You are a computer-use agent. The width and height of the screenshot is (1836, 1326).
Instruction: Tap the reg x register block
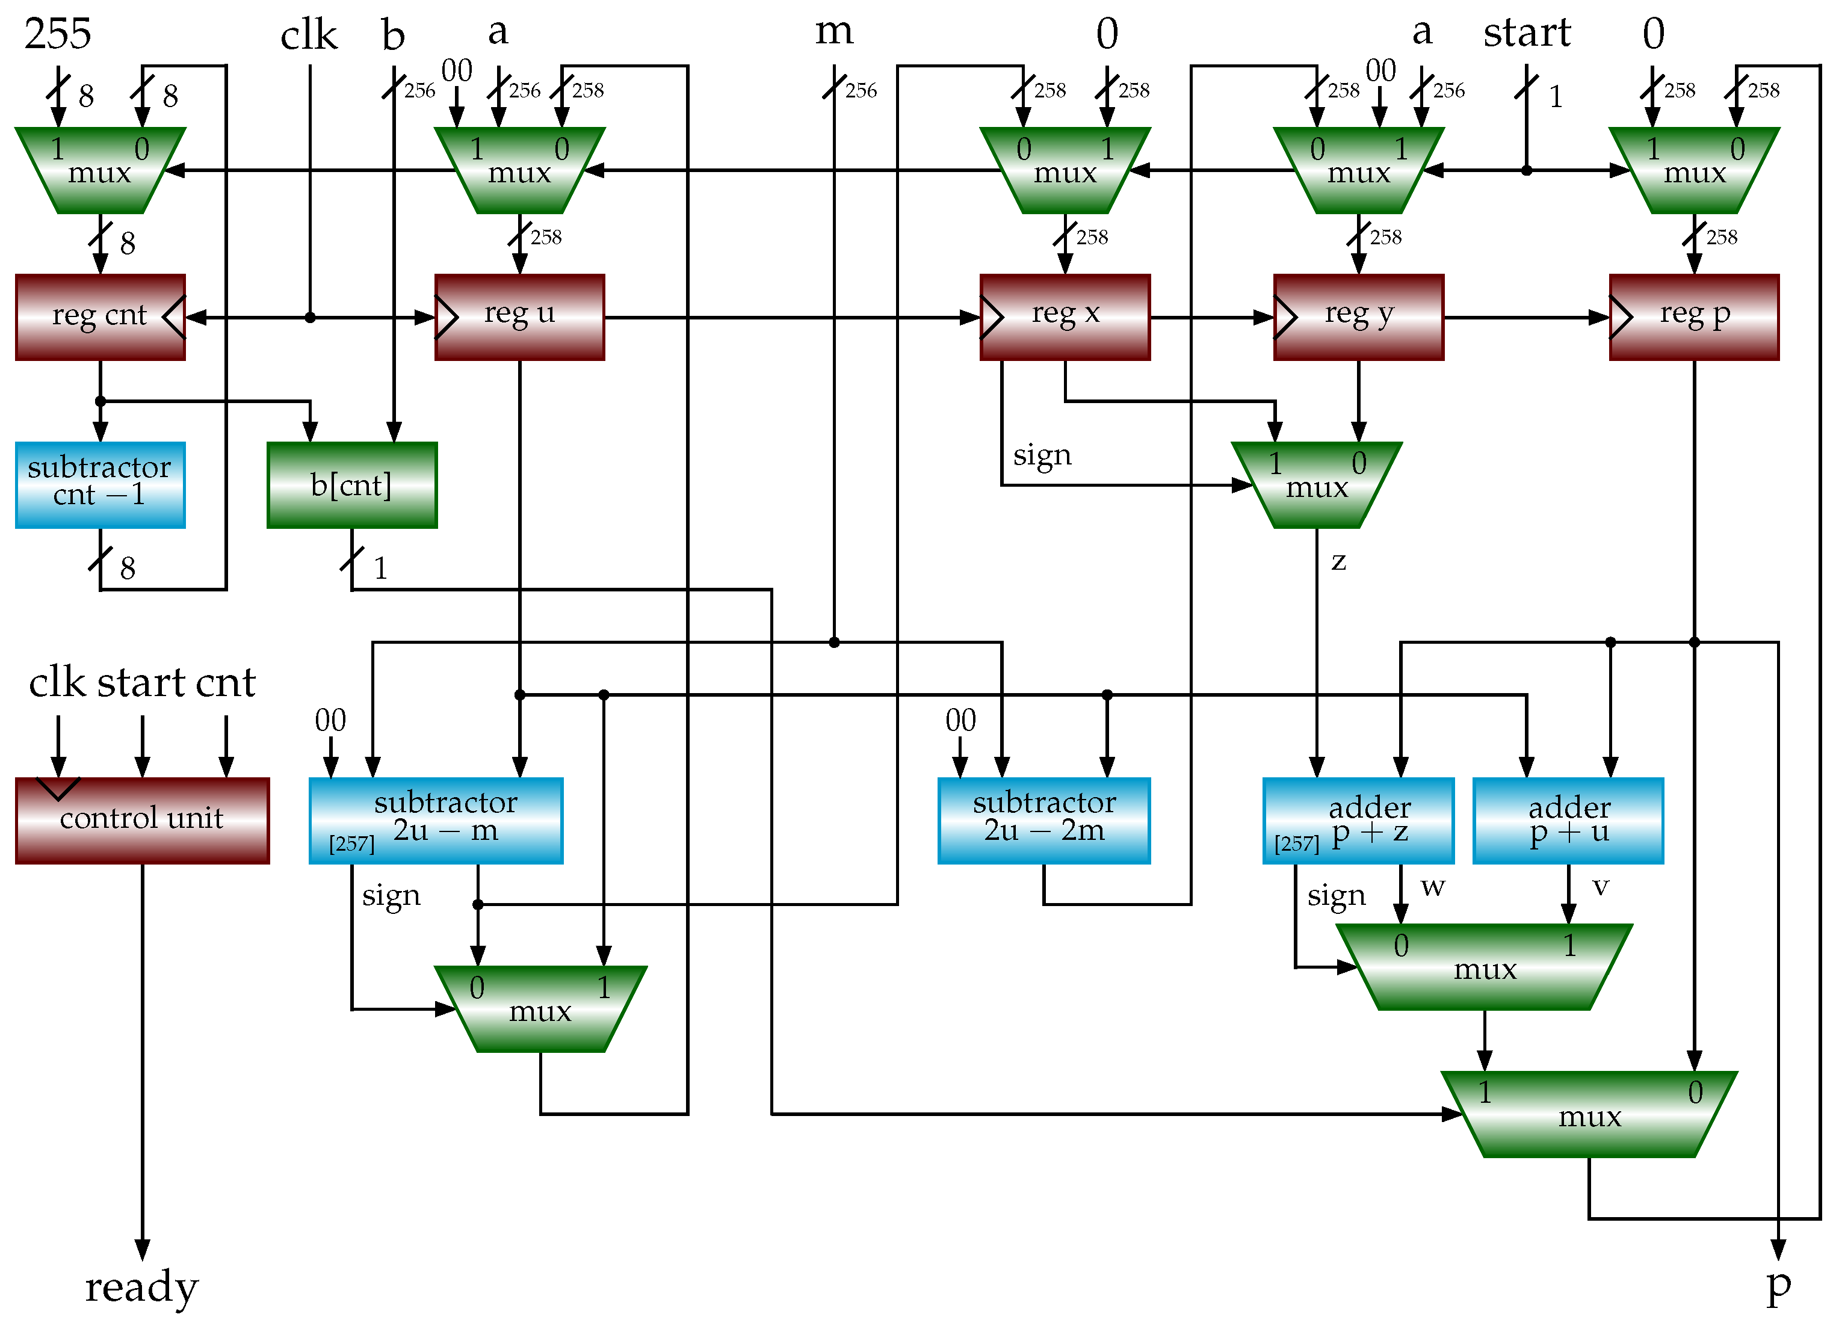1065,316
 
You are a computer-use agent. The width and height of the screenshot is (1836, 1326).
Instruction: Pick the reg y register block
1358,316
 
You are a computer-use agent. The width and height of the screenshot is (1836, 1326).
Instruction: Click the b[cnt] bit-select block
351,485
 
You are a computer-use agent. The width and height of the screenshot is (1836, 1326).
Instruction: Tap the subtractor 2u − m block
436,820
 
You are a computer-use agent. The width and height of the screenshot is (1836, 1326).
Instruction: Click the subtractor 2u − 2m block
1043,820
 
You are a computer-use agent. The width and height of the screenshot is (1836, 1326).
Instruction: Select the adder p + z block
1358,820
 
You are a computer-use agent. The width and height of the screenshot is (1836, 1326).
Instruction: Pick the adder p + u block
1568,820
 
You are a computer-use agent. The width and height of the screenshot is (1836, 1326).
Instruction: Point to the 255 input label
58,34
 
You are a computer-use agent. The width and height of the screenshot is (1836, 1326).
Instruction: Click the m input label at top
834,32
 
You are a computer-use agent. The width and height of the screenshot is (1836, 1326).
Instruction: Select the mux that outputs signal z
1316,485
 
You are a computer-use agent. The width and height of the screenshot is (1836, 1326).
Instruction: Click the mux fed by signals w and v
1484,967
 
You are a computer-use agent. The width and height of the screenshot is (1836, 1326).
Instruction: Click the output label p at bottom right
1778,1286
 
